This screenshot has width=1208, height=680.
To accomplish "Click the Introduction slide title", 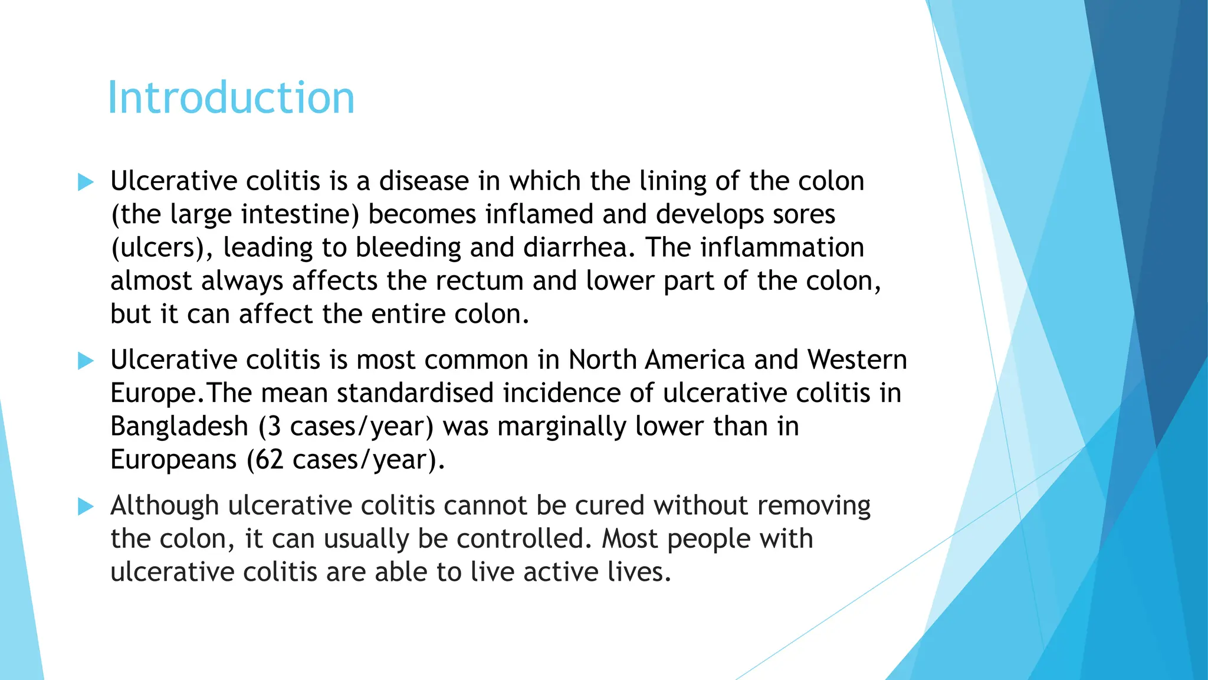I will (x=231, y=98).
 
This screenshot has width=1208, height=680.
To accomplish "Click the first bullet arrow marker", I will (x=86, y=182).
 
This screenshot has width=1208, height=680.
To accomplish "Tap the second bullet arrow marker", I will (x=86, y=361).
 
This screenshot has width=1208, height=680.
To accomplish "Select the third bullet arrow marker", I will (x=86, y=506).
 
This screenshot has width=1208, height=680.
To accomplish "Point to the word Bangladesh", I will (x=179, y=426).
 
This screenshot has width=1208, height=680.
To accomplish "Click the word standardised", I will (x=415, y=393).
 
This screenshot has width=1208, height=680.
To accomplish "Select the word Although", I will (x=165, y=506).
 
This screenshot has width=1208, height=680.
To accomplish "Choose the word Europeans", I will (x=173, y=460).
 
